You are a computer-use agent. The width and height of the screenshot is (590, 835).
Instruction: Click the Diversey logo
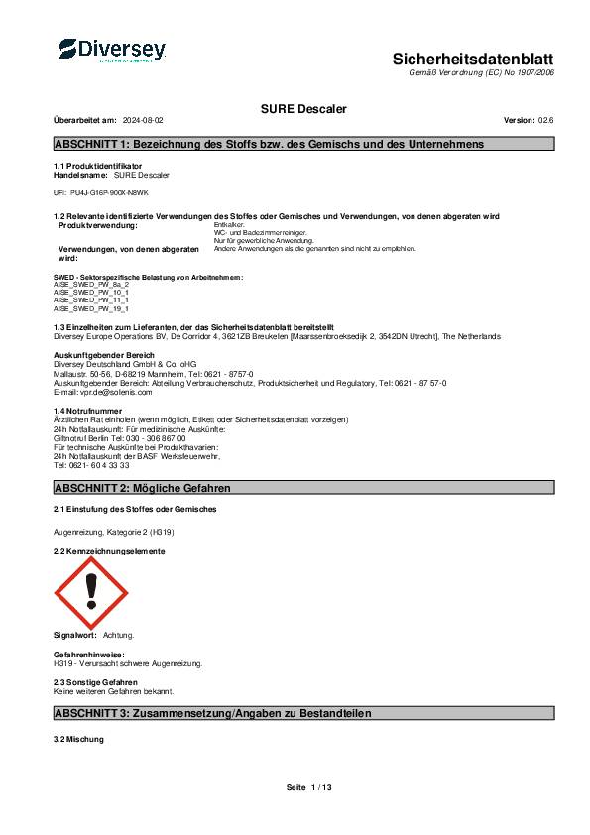click(111, 50)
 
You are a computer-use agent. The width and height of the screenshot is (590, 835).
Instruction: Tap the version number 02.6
click(545, 119)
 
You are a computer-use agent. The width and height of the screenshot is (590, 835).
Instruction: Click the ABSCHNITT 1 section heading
click(270, 144)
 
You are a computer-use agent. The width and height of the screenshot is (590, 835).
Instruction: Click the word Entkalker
click(230, 226)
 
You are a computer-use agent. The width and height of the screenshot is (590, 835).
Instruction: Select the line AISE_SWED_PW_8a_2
click(90, 284)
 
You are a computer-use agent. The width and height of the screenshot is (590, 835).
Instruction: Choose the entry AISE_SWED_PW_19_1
click(90, 309)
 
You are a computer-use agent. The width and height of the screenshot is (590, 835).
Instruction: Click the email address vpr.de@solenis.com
click(102, 392)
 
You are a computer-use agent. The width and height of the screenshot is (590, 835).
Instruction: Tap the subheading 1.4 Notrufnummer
click(88, 410)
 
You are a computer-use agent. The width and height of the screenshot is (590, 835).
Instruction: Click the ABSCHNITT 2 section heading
click(143, 489)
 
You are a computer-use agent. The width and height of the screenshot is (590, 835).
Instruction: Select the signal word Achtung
click(118, 634)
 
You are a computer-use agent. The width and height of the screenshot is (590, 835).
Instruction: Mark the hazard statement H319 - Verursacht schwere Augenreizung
click(127, 662)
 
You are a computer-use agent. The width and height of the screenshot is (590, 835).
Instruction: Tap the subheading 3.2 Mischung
click(85, 740)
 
